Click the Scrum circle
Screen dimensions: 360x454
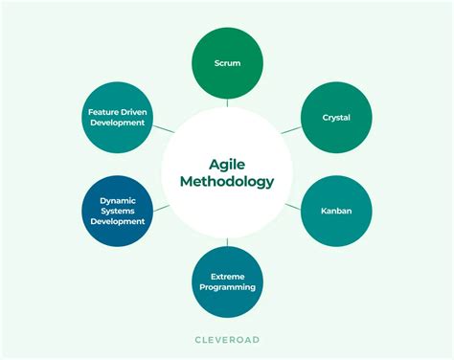pos(227,63)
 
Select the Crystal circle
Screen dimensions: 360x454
pos(335,118)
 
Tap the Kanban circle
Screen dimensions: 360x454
pos(335,211)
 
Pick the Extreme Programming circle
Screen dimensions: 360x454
pos(227,281)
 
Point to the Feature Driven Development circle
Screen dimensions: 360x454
pos(118,118)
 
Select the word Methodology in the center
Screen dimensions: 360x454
pos(227,181)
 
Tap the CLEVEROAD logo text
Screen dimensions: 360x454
pos(227,339)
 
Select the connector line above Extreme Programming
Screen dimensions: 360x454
pos(227,240)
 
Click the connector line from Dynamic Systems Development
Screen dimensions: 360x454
pos(162,206)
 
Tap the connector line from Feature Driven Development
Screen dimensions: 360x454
pos(162,128)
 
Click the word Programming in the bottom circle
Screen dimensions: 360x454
pos(227,287)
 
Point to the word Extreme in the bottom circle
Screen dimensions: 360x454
pos(227,276)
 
